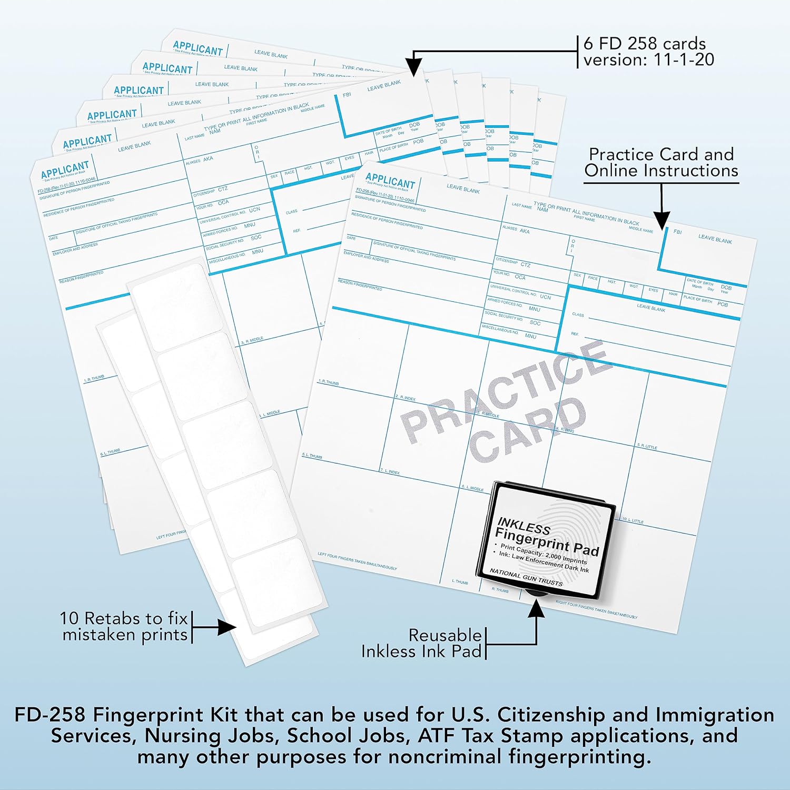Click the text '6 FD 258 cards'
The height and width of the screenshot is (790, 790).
[x=644, y=44]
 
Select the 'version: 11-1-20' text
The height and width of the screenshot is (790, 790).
[x=648, y=60]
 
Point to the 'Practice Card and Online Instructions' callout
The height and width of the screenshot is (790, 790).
[x=661, y=162]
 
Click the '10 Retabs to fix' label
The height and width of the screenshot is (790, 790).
[x=124, y=618]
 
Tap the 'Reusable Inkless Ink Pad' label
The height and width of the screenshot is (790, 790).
[x=422, y=643]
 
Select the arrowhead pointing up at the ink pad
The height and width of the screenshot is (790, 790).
[x=536, y=608]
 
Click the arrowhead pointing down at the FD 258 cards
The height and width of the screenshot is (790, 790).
[x=414, y=67]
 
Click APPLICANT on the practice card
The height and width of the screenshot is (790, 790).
[x=390, y=180]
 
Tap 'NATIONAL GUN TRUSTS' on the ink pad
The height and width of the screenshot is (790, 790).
[x=526, y=577]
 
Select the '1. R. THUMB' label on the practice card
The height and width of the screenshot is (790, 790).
[x=329, y=382]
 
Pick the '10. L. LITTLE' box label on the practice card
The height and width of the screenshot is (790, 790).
[x=633, y=520]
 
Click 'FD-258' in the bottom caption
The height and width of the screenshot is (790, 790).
[x=50, y=715]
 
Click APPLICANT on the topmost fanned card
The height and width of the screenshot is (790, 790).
[x=198, y=48]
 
